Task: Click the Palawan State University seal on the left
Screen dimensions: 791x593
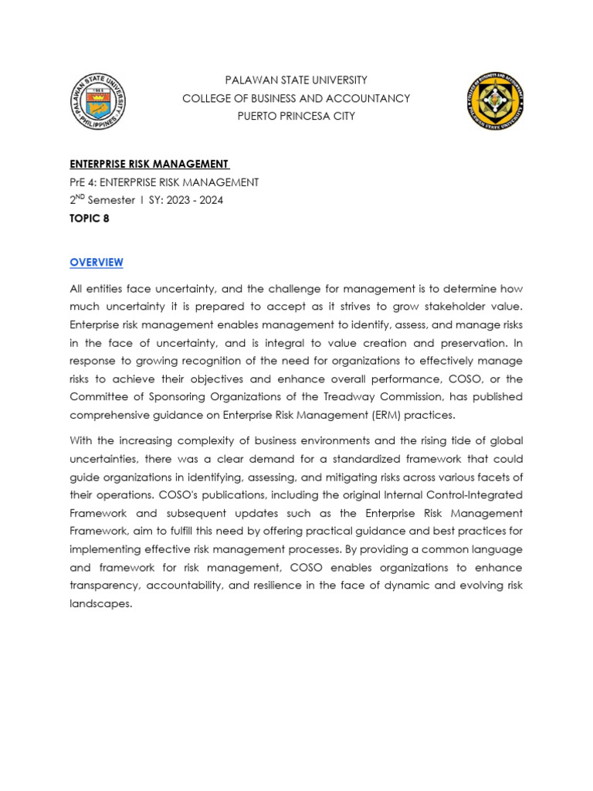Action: (x=97, y=100)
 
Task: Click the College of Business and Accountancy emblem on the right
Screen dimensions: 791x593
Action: (x=495, y=100)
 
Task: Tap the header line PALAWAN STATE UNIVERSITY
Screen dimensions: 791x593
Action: (x=296, y=80)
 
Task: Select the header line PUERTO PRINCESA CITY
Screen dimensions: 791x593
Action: (x=296, y=116)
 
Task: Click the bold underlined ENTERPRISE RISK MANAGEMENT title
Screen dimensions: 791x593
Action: (x=149, y=164)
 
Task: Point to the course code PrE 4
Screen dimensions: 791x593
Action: (x=86, y=182)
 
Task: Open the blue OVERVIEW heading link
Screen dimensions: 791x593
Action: (x=97, y=263)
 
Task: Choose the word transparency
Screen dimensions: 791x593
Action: (x=105, y=585)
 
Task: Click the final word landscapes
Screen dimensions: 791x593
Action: (x=100, y=603)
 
